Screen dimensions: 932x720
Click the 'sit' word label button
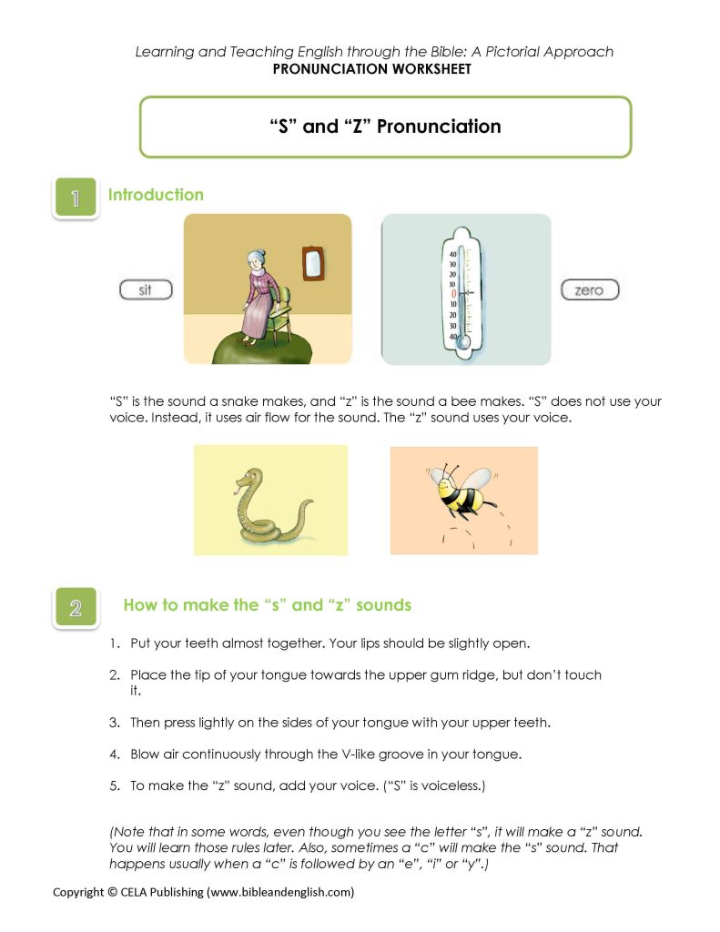146,290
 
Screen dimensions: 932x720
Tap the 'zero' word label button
589,290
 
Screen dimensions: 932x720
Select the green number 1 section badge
75,198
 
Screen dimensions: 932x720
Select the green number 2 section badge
75,607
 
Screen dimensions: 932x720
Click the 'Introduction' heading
156,195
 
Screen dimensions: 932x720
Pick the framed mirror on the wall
312,262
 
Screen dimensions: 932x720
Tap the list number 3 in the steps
115,723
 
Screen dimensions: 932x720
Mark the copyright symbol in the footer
113,892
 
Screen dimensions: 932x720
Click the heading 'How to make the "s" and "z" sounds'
268,605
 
